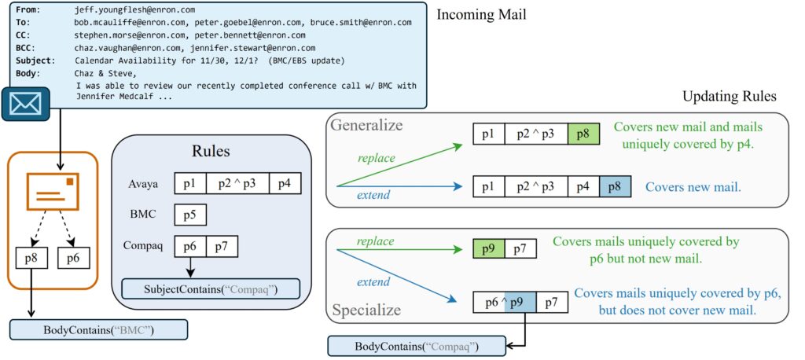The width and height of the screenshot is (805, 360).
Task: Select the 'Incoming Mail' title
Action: [x=481, y=15]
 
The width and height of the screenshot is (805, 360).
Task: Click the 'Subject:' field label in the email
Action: [x=35, y=61]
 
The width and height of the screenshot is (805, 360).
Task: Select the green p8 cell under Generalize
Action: [x=583, y=134]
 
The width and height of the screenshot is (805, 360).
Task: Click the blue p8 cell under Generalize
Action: [x=615, y=188]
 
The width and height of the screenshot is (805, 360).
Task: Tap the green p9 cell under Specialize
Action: [x=488, y=249]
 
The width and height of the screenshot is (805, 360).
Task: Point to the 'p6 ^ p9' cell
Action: [x=504, y=303]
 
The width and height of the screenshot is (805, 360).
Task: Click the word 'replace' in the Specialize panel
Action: [x=376, y=241]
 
